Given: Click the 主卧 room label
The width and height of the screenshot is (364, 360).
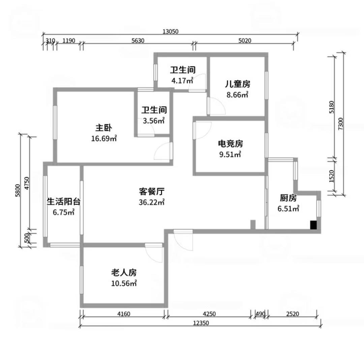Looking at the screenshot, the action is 104,128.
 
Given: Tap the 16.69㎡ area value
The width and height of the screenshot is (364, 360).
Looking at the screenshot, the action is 104,139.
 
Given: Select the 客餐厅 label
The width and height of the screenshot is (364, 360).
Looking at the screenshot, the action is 152,192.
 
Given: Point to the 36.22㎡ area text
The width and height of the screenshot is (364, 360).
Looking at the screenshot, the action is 152,202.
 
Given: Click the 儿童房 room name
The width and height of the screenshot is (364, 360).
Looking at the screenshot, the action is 238,84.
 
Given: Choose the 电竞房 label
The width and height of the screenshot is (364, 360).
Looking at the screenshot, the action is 230,144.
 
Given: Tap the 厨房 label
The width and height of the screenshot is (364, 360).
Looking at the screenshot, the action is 288,198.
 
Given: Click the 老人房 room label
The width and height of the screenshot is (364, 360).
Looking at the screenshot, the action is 124,272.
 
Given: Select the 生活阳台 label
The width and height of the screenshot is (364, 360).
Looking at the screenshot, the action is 64,201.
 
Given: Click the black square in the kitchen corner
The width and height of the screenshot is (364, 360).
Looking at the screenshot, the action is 314,225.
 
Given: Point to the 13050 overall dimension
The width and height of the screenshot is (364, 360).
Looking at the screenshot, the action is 171,31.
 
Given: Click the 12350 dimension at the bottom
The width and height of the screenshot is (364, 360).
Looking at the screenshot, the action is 201,323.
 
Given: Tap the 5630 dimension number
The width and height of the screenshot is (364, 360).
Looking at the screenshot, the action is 138,41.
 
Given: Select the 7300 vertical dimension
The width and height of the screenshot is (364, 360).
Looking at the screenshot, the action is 340,124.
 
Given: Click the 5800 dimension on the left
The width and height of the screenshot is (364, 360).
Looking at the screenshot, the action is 18,190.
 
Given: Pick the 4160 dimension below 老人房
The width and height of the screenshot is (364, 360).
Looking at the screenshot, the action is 124,314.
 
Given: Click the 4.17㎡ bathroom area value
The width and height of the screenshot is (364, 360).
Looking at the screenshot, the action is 182,81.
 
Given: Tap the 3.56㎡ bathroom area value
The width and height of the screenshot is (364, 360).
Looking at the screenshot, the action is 154,121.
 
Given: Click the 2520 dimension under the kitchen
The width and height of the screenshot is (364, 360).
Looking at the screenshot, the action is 293,314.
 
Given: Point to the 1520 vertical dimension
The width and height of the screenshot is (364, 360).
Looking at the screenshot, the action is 332,176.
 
